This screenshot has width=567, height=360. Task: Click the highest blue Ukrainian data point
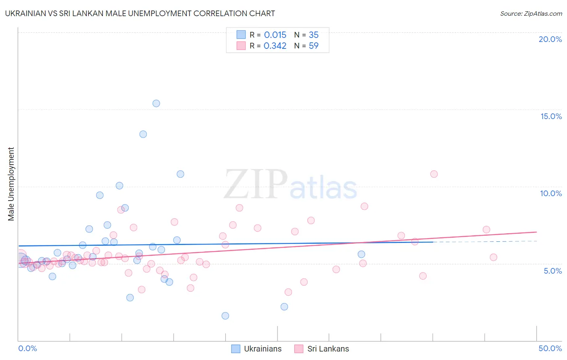pyautogui.click(x=156, y=103)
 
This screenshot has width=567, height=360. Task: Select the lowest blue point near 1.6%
pyautogui.click(x=225, y=316)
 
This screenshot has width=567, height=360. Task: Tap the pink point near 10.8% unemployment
pyautogui.click(x=434, y=174)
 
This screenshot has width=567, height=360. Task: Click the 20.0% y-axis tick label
pyautogui.click(x=550, y=39)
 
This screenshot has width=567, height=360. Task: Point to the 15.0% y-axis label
pyautogui.click(x=551, y=116)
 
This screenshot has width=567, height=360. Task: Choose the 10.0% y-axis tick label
pyautogui.click(x=551, y=193)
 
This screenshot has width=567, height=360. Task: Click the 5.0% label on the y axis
pyautogui.click(x=552, y=271)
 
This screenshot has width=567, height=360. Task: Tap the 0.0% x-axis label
pyautogui.click(x=27, y=348)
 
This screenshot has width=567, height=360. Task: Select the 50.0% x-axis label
pyautogui.click(x=550, y=348)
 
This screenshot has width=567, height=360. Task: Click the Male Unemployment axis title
pyautogui.click(x=11, y=184)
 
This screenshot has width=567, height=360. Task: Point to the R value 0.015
pyautogui.click(x=275, y=35)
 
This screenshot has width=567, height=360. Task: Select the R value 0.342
pyautogui.click(x=275, y=46)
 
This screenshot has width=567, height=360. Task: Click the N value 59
pyautogui.click(x=314, y=46)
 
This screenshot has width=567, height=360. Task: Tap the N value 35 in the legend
pyautogui.click(x=314, y=35)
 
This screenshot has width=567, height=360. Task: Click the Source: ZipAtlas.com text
pyautogui.click(x=531, y=14)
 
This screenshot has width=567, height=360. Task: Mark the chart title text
pyautogui.click(x=140, y=14)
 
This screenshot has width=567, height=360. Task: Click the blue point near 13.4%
pyautogui.click(x=143, y=134)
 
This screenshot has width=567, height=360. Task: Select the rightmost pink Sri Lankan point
pyautogui.click(x=493, y=257)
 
